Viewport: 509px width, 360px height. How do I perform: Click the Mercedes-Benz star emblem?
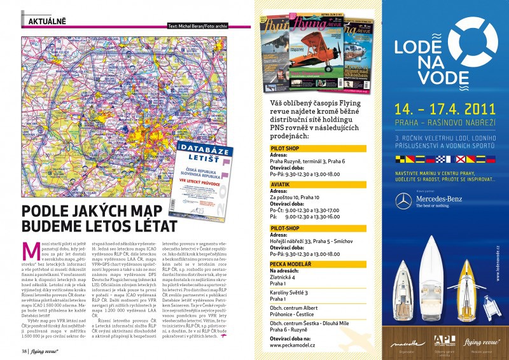click(x=401, y=203)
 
